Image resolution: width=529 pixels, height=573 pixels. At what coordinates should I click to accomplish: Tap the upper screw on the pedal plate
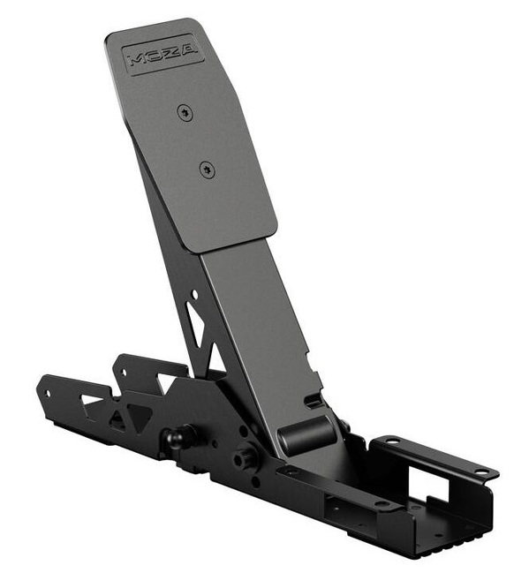(183, 111)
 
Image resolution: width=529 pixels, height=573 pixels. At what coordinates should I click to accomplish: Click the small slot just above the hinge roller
(310, 402)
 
